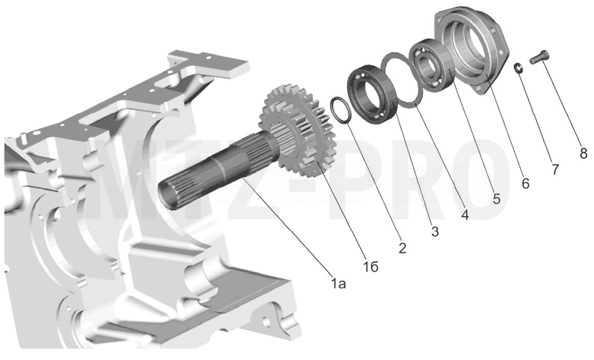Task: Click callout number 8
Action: [x=583, y=153]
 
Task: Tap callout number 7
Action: [x=555, y=169]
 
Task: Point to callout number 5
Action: [x=496, y=198]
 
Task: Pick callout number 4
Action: [x=465, y=214]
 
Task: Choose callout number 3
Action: [x=435, y=231]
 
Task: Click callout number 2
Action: [x=403, y=248]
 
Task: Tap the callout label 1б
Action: [x=372, y=267]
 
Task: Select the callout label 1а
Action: [x=339, y=283]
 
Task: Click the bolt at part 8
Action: [x=540, y=57]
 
